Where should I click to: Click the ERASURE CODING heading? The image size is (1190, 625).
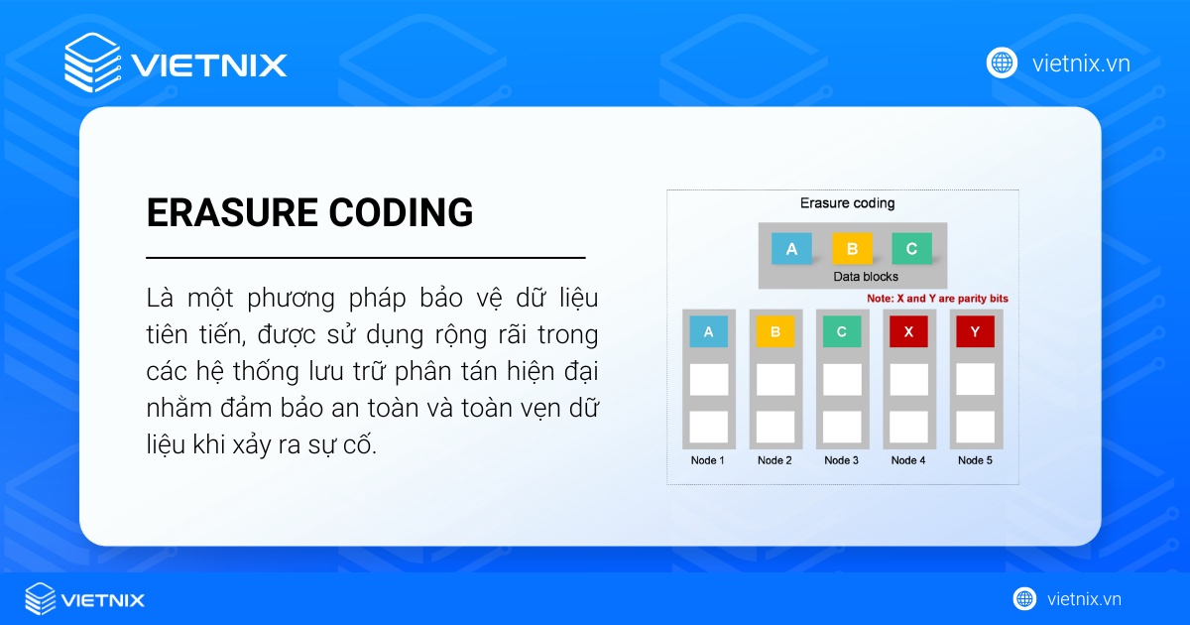point(309,212)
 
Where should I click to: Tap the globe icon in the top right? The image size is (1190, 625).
point(1002,62)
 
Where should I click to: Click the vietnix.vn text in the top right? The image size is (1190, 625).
point(1081,63)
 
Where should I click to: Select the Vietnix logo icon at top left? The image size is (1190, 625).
point(92,62)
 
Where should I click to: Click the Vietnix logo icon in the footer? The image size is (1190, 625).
point(41,599)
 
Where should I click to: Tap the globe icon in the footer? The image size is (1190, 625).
point(1024,599)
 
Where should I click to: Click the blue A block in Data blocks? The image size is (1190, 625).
point(791,249)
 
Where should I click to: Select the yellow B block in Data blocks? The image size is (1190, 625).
point(852,249)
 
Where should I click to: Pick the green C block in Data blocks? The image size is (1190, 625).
point(911,249)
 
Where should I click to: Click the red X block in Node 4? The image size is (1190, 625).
point(908,332)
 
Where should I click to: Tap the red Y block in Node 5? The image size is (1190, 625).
point(975,332)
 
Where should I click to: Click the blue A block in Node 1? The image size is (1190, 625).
point(708,332)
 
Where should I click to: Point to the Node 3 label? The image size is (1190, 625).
point(842,460)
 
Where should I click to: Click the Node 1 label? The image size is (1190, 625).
point(708,460)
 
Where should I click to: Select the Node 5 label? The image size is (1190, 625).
point(975,460)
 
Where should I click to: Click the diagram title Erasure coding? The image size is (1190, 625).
point(847,203)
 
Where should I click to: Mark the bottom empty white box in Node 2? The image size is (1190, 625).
point(774,427)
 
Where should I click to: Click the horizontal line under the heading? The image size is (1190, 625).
point(365,258)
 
